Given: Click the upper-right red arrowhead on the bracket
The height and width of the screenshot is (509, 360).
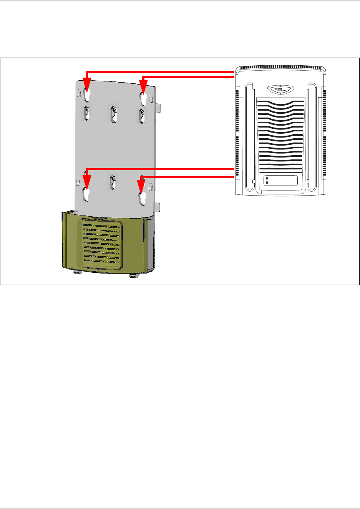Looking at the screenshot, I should [143, 86].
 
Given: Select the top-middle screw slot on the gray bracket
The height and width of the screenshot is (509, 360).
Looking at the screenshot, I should [114, 114].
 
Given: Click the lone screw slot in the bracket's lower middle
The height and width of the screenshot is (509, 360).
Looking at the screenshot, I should [113, 182].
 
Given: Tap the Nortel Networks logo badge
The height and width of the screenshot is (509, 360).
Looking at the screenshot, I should [280, 89].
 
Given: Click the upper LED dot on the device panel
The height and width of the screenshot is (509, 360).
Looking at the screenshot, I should [267, 179].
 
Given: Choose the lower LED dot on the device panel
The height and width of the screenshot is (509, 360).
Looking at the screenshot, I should [267, 183].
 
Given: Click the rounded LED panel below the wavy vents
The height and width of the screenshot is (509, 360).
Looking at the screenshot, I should [281, 181].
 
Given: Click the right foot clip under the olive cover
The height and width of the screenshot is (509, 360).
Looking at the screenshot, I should [134, 275].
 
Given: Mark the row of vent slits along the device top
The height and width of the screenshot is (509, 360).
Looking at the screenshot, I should [281, 68].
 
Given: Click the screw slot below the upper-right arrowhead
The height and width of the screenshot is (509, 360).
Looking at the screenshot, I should [142, 115].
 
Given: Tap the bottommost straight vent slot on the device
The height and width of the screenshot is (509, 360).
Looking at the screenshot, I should [280, 172].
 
